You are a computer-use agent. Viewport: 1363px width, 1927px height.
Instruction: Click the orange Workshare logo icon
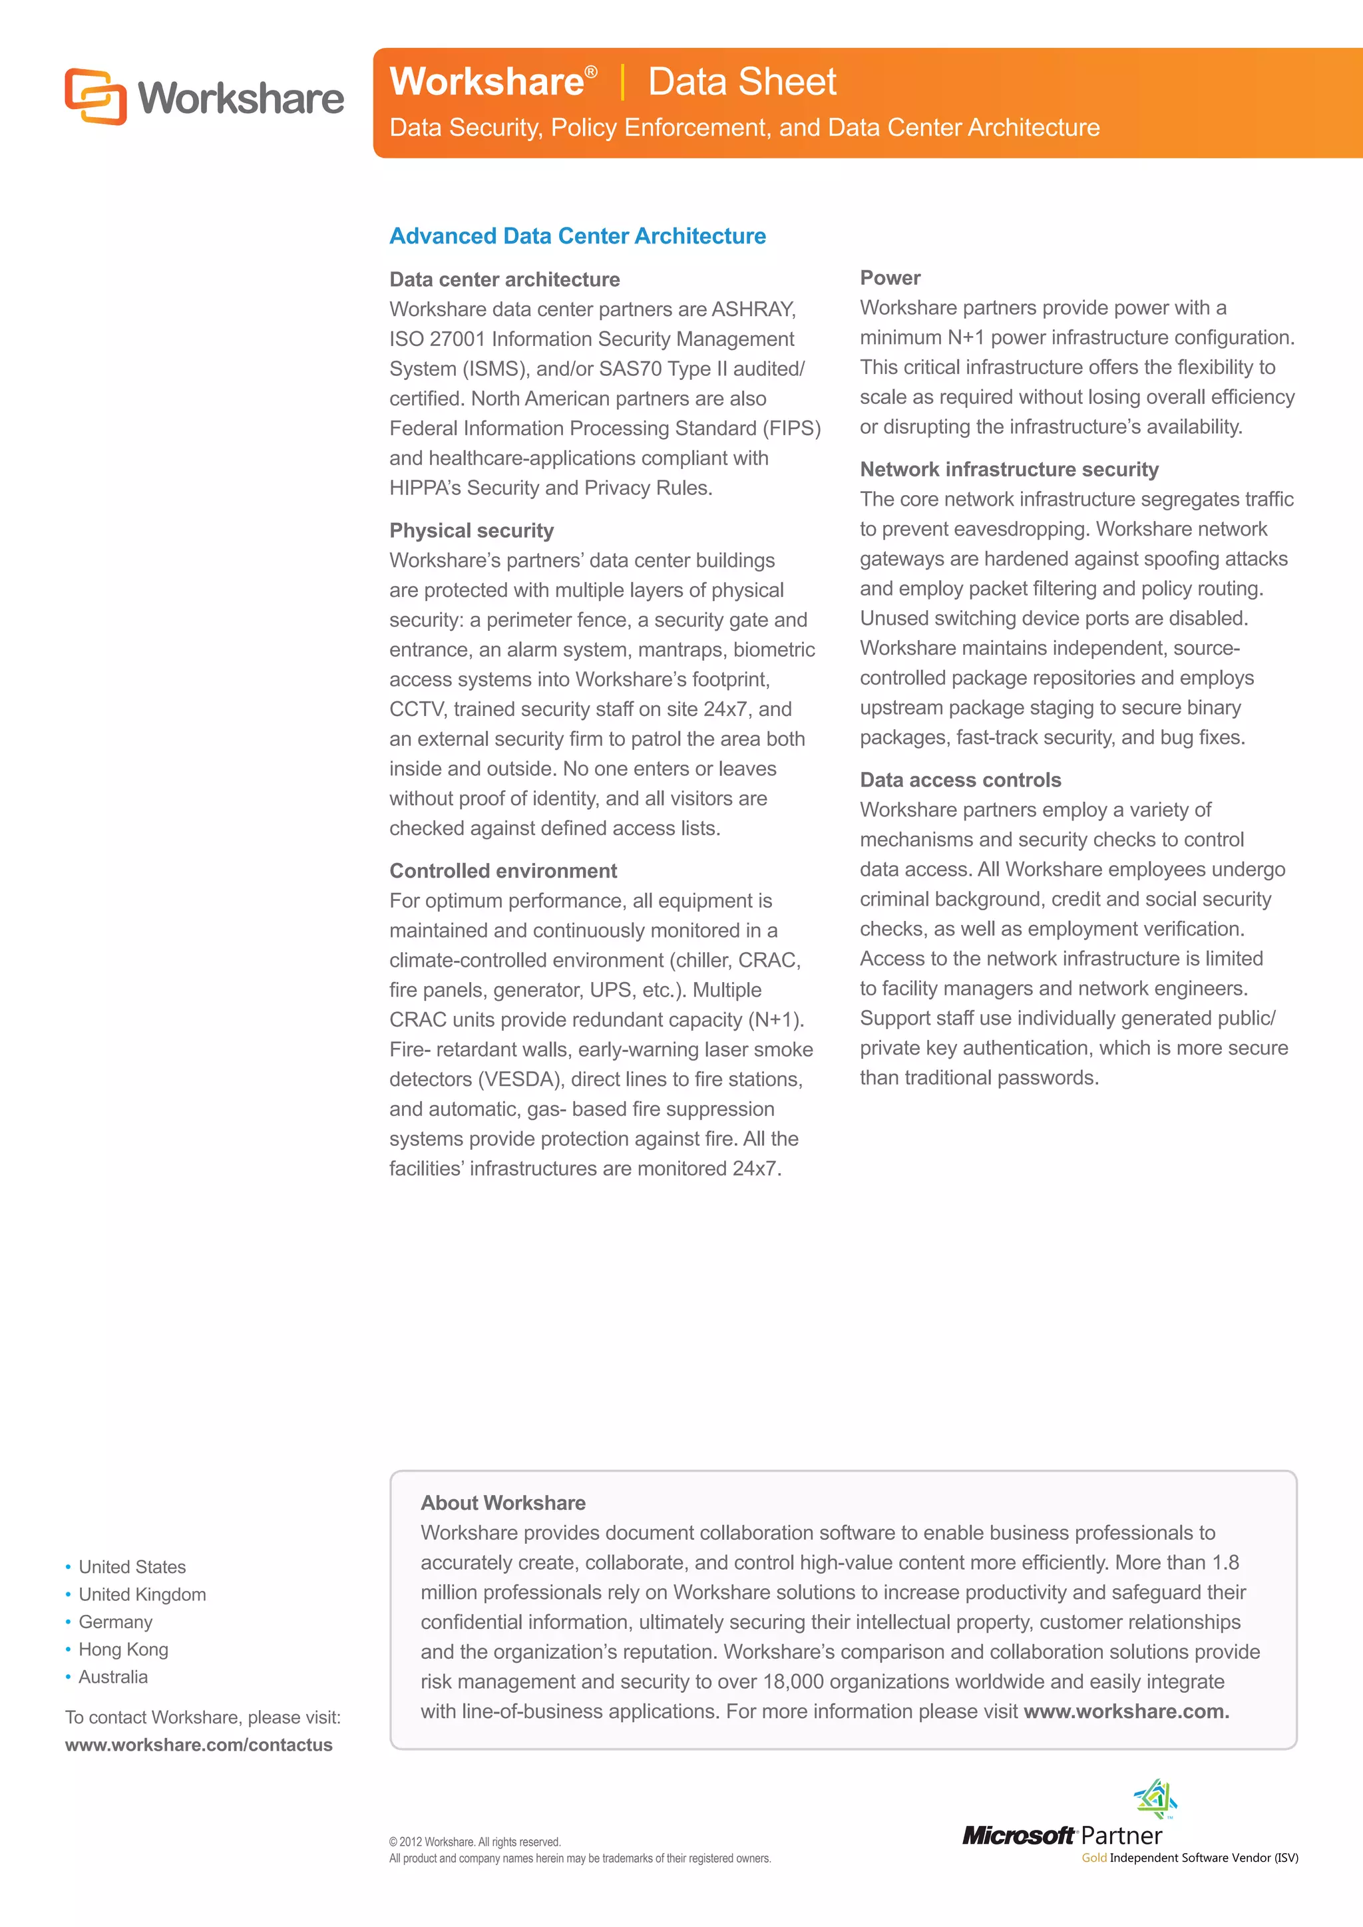tap(96, 96)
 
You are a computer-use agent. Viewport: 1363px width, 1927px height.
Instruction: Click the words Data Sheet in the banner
tap(741, 83)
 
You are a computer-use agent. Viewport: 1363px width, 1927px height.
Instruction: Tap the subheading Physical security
tap(471, 530)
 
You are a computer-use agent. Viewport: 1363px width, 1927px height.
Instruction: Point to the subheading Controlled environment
tap(502, 870)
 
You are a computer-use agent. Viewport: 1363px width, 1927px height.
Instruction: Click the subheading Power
tap(890, 277)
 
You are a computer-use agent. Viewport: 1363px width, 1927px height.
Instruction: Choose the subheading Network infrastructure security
tap(1008, 469)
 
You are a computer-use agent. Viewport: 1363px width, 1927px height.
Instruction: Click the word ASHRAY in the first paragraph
tap(753, 309)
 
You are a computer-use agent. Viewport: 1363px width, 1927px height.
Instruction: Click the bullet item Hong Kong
tap(123, 1650)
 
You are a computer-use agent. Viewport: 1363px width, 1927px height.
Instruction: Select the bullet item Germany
tap(115, 1622)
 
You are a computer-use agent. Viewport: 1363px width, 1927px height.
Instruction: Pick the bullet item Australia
tap(112, 1677)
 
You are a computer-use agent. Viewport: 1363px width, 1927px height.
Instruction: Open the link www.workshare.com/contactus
tap(199, 1745)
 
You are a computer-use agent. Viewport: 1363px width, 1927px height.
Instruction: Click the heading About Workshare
tap(502, 1502)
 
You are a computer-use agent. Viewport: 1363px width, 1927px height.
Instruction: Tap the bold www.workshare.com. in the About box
tap(1125, 1711)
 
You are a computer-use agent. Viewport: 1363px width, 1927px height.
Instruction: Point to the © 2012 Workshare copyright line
tap(475, 1841)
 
